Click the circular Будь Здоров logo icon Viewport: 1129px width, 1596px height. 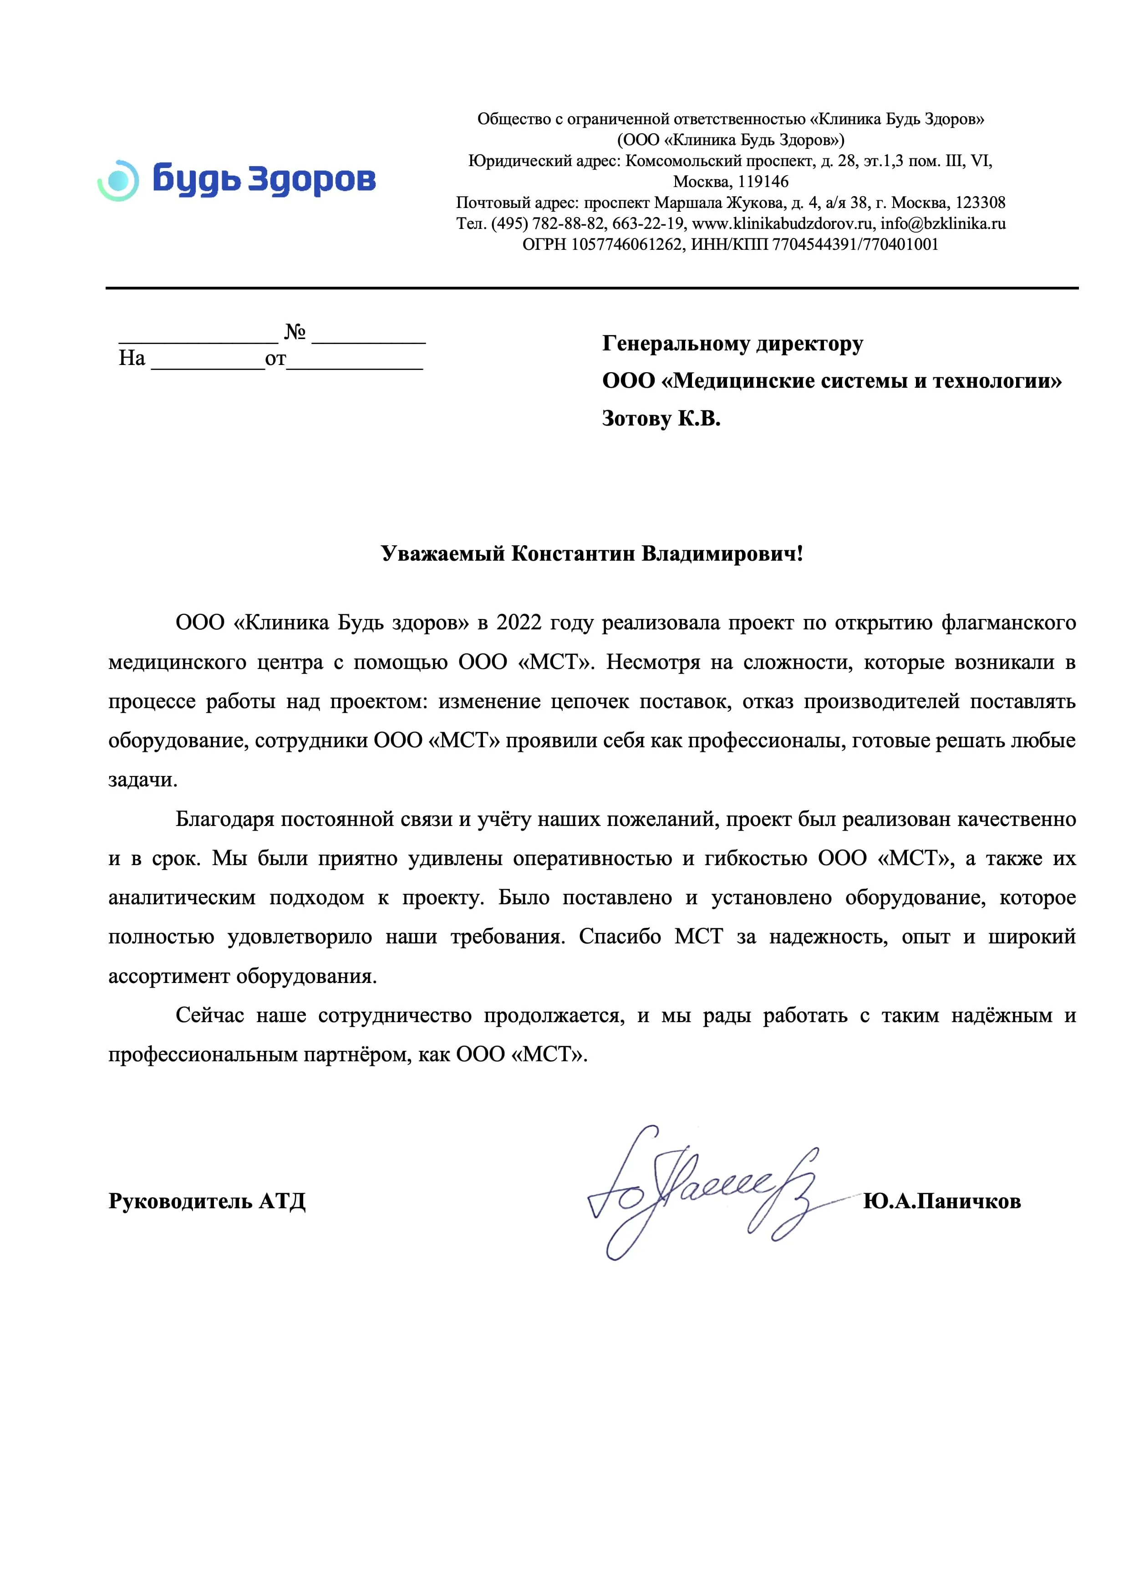[119, 180]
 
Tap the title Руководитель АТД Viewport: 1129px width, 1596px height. [207, 1201]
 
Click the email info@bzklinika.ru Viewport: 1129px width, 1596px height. [943, 224]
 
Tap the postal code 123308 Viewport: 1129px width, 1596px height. [980, 203]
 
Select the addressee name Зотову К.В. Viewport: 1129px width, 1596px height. [661, 419]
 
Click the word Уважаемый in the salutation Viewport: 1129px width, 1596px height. [443, 554]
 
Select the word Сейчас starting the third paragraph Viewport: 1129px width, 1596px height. [211, 1016]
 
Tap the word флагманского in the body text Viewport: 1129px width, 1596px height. [1008, 623]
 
